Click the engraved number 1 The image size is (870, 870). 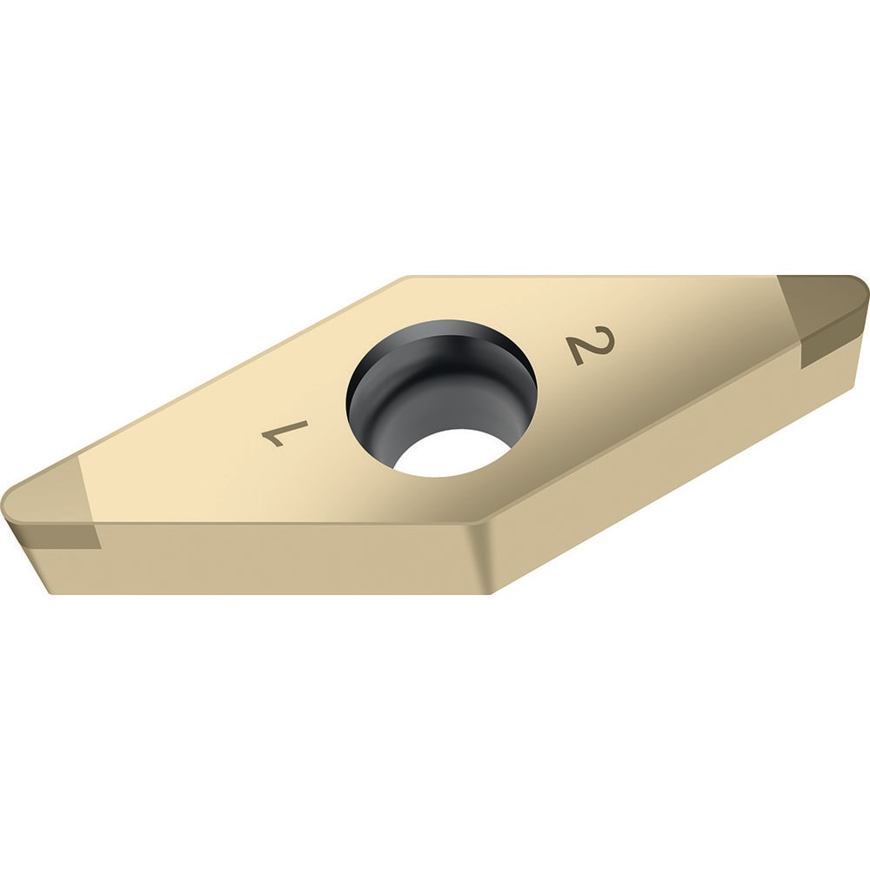(x=286, y=432)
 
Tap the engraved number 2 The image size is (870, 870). (x=592, y=346)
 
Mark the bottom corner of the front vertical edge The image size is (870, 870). (x=492, y=593)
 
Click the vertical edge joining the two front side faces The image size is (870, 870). (x=484, y=557)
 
